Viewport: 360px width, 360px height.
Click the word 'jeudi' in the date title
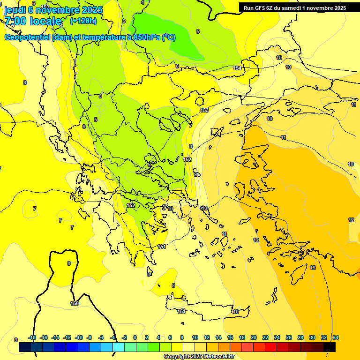click(x=14, y=9)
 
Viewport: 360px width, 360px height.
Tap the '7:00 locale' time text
click(x=33, y=21)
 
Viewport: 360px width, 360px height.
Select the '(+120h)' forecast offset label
click(x=83, y=21)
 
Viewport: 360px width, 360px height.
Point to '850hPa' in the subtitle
click(x=147, y=37)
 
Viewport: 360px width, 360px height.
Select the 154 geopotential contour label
click(x=237, y=68)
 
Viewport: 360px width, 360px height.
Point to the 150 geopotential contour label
click(x=75, y=303)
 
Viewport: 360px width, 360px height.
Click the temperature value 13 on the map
click(x=313, y=268)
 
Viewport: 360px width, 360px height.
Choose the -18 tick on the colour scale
click(x=32, y=338)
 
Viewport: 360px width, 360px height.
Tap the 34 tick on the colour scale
click(x=336, y=338)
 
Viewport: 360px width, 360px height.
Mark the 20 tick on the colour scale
click(x=254, y=338)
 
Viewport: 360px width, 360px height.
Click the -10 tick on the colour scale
click(x=79, y=338)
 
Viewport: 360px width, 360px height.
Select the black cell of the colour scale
click(x=330, y=347)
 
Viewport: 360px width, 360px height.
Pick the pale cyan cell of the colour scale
click(x=119, y=347)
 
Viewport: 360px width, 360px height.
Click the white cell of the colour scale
click(x=189, y=347)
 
